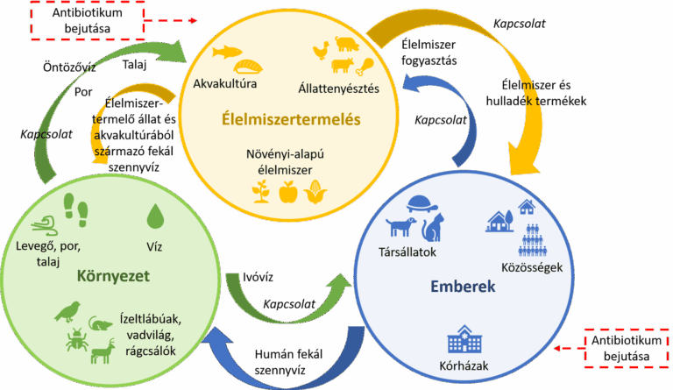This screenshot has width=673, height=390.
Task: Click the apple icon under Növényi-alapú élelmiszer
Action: click(x=287, y=191)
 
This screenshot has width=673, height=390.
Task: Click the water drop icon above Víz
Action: click(x=155, y=214)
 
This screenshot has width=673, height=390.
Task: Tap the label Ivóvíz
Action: click(x=257, y=277)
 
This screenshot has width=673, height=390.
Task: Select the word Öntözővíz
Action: click(x=69, y=67)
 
